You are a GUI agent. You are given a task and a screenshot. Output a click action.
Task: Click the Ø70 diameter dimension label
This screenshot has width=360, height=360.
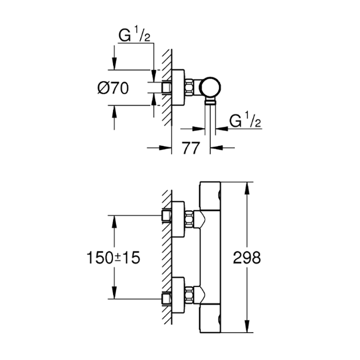tap(113, 88)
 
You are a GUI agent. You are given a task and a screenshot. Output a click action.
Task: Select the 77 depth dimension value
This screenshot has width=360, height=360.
tap(191, 148)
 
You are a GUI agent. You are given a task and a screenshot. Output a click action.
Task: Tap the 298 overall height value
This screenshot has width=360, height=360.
tap(247, 257)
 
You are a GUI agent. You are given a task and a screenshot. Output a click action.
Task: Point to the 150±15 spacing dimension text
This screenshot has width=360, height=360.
tap(113, 257)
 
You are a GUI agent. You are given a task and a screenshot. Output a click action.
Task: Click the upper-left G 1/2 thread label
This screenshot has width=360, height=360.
tap(134, 34)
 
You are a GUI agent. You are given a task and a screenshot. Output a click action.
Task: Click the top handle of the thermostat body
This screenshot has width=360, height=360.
tap(210, 196)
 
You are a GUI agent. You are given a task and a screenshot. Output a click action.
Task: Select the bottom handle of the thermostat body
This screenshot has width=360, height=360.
tap(210, 318)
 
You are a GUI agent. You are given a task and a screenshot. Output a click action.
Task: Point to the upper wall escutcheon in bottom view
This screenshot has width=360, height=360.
tap(178, 219)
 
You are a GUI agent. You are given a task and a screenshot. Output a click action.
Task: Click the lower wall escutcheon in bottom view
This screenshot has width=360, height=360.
tap(178, 295)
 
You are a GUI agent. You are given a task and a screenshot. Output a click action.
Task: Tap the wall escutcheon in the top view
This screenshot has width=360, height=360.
tap(178, 87)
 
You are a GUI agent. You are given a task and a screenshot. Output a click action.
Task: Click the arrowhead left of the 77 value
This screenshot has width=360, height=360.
tap(166, 148)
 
